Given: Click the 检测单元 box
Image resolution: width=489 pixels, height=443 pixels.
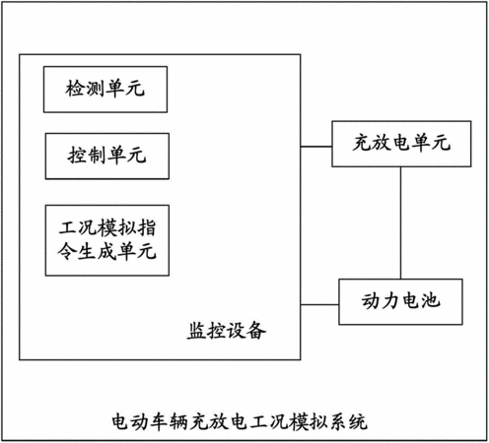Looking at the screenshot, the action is (x=105, y=90).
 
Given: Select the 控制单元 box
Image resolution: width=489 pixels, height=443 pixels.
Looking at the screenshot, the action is (x=107, y=157).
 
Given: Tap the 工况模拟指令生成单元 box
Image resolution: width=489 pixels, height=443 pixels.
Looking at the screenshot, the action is (x=107, y=240).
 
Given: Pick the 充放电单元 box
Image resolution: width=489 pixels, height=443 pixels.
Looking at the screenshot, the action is (x=401, y=144).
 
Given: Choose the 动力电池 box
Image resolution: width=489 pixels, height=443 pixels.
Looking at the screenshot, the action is (x=400, y=302).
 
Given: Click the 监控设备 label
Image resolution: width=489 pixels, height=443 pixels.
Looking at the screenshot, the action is (x=227, y=330).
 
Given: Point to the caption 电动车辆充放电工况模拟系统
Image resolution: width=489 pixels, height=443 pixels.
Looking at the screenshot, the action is (x=240, y=421).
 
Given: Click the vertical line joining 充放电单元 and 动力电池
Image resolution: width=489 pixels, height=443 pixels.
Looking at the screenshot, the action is (x=400, y=223).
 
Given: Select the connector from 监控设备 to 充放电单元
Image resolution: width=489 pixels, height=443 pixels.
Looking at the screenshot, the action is (x=316, y=147).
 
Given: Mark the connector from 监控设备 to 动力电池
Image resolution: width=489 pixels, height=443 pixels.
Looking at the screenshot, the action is (x=319, y=305).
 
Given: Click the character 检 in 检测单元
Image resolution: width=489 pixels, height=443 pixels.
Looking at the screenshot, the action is (x=75, y=89).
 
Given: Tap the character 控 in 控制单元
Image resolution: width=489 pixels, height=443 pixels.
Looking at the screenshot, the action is (x=78, y=156).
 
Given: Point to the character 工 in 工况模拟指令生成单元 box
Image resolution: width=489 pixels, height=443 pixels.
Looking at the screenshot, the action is (x=68, y=227).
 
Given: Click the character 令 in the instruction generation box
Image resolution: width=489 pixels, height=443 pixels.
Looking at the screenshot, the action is (x=67, y=251).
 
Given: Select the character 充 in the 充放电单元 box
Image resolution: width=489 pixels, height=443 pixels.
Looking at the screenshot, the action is (x=362, y=143).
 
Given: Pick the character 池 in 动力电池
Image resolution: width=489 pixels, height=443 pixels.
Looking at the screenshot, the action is (x=431, y=300).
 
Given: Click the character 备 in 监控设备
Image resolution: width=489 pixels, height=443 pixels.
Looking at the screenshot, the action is (x=256, y=330).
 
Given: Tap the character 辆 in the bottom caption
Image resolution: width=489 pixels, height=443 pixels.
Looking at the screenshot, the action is (x=179, y=421).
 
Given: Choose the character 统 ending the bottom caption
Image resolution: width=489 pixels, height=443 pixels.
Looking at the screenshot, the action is (x=358, y=421).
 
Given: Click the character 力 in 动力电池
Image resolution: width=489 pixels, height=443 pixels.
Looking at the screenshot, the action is (x=390, y=300).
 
